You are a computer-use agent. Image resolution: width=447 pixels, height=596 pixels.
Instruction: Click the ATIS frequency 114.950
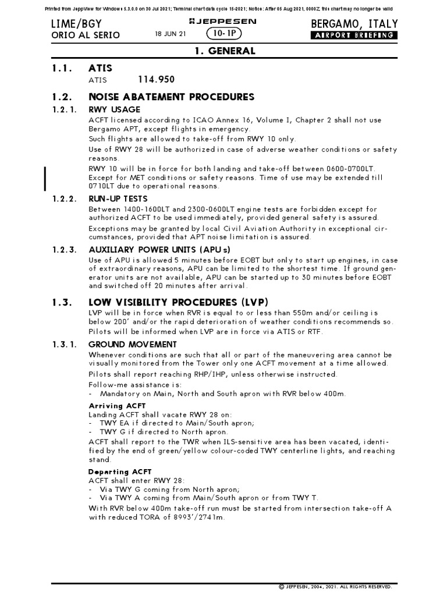[157, 79]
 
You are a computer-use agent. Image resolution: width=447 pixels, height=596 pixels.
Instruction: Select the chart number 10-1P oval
[224, 34]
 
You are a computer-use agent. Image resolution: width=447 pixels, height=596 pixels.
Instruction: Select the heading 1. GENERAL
[224, 51]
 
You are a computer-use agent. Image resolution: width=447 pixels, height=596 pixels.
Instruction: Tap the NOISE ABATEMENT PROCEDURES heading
[171, 97]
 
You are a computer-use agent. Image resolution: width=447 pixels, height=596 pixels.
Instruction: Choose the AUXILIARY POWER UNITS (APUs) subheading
[159, 250]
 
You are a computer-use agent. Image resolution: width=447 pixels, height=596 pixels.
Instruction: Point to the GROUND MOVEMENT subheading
[132, 344]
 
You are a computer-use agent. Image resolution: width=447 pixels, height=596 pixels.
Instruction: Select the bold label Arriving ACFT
[117, 405]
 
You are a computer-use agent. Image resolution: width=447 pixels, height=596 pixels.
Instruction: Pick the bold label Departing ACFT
[120, 471]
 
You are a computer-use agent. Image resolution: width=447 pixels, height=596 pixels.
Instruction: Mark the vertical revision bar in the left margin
[45, 178]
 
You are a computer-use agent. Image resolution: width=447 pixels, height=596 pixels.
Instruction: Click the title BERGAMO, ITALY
[354, 23]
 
